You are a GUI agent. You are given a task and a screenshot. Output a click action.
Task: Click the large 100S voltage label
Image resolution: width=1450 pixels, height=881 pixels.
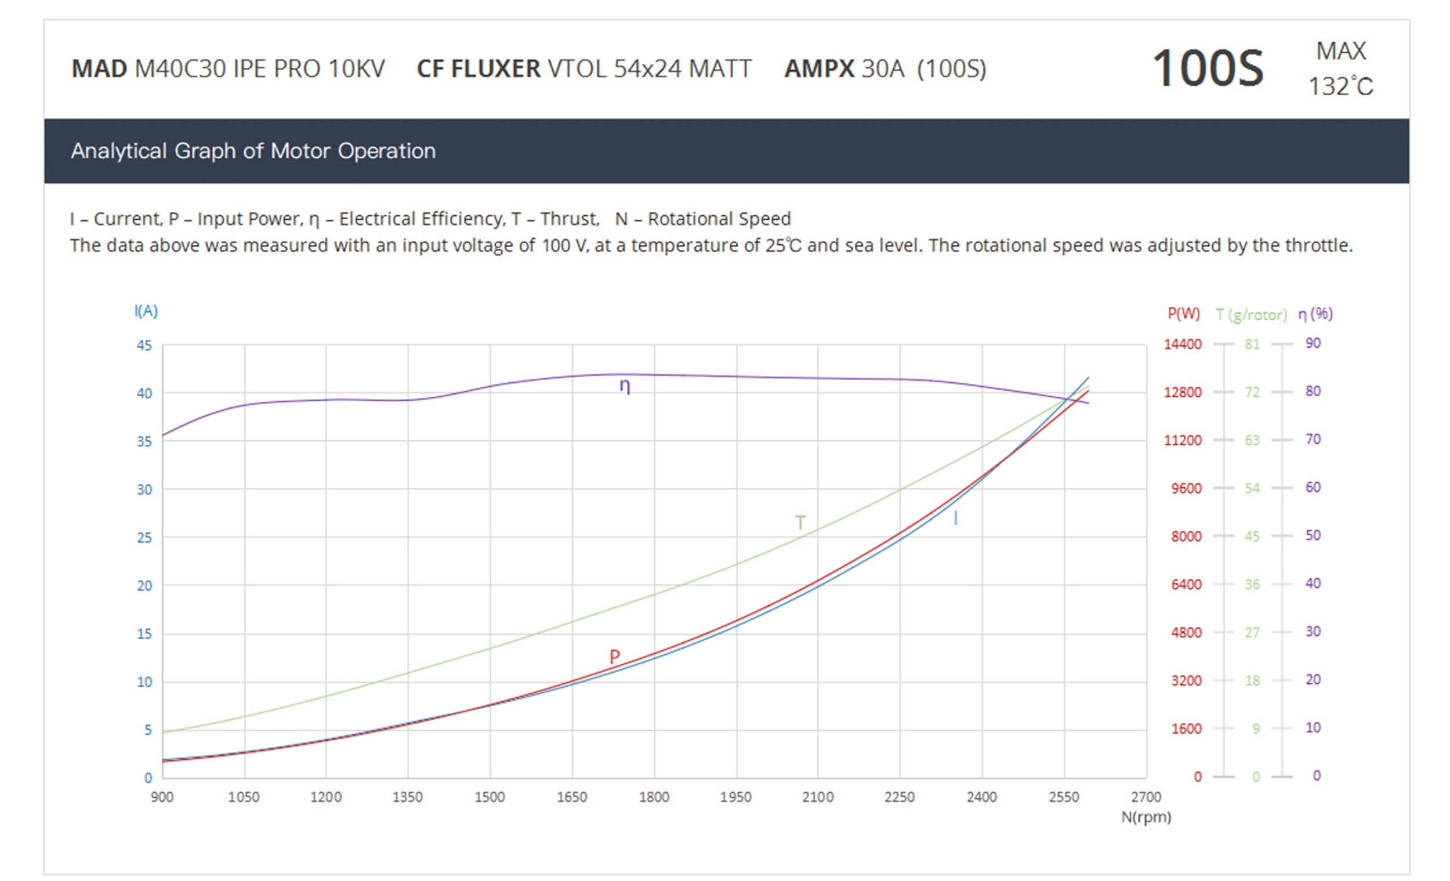tap(1207, 68)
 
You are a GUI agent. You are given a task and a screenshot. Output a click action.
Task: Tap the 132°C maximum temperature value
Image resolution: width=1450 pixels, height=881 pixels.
tap(1340, 87)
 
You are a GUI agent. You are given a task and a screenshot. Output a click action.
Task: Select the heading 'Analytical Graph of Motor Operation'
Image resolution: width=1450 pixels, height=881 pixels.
tap(253, 151)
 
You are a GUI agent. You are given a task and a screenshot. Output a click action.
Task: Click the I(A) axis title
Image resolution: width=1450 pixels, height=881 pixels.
tap(146, 311)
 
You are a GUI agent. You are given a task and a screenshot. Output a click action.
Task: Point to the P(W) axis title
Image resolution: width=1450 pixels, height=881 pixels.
tap(1183, 314)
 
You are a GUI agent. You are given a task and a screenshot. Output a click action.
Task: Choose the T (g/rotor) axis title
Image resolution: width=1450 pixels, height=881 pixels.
tap(1251, 315)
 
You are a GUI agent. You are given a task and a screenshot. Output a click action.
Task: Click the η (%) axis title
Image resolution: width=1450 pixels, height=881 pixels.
tap(1315, 314)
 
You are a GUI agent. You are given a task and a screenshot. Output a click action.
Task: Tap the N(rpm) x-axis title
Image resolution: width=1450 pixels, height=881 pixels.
tap(1145, 817)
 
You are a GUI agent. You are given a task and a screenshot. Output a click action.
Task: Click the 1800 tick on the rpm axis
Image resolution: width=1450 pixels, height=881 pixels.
tap(654, 797)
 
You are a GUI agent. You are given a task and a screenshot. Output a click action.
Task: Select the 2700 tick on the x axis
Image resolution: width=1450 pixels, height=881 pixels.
tap(1145, 797)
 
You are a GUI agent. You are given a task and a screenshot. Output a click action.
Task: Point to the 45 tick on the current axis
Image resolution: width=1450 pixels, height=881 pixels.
tap(144, 346)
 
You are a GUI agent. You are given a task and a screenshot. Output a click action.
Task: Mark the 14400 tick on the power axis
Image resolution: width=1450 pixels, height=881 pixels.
tap(1182, 345)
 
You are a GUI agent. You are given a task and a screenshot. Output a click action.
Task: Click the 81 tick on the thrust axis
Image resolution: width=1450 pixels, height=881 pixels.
tap(1252, 345)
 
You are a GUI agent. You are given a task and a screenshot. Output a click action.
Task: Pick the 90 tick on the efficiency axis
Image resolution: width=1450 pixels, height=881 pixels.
tap(1313, 343)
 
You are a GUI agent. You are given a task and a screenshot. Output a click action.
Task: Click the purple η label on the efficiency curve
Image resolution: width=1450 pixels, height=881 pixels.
tap(625, 387)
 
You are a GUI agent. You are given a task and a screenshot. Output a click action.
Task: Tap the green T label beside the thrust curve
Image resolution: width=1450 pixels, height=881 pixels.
tap(800, 522)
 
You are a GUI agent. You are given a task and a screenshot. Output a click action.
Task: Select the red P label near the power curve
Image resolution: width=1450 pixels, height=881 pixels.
tap(614, 656)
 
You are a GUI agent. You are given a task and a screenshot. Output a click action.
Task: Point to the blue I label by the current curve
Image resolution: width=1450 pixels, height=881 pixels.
tap(955, 518)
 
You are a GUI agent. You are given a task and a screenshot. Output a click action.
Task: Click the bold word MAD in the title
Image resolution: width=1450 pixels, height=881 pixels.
tap(99, 69)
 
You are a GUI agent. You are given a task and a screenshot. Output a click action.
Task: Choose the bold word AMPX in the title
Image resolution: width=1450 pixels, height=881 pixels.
tap(818, 69)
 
